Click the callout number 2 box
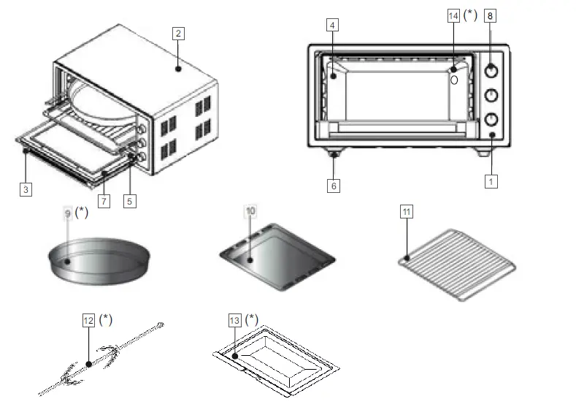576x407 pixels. pyautogui.click(x=178, y=32)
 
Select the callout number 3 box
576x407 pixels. pyautogui.click(x=26, y=189)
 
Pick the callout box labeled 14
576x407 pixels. pyautogui.click(x=453, y=15)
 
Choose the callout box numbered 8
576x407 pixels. pyautogui.click(x=490, y=15)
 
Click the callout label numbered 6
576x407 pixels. pyautogui.click(x=334, y=186)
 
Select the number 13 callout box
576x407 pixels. pyautogui.click(x=234, y=320)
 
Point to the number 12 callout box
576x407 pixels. pyautogui.click(x=88, y=320)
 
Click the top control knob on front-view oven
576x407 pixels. pyautogui.click(x=491, y=70)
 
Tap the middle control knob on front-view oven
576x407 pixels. pyautogui.click(x=491, y=95)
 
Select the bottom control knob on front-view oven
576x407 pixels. pyautogui.click(x=491, y=119)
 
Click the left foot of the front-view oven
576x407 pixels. pyautogui.click(x=334, y=153)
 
